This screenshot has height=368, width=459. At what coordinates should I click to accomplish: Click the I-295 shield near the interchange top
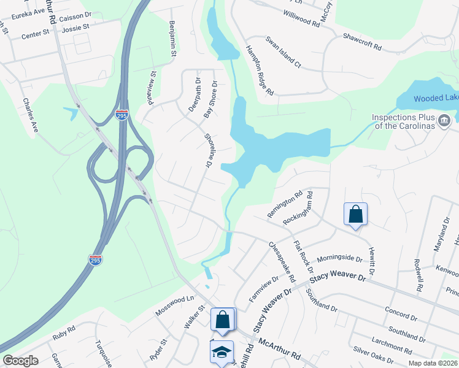tap(122, 115)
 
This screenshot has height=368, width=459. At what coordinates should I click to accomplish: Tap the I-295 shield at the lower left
tap(95, 260)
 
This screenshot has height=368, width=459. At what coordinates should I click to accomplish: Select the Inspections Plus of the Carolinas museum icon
tap(444, 120)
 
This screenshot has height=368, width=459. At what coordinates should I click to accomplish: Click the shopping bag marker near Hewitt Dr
tap(355, 215)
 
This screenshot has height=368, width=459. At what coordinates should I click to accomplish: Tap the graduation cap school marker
tap(222, 352)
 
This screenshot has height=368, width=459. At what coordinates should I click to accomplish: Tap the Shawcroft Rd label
tap(362, 42)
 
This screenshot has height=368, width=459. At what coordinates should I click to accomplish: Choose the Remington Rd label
tap(285, 204)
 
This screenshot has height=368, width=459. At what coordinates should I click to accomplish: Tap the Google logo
tap(21, 361)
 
